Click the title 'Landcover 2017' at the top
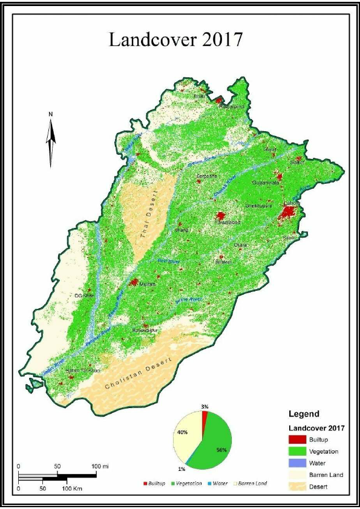(175, 40)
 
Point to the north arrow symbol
(51, 138)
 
